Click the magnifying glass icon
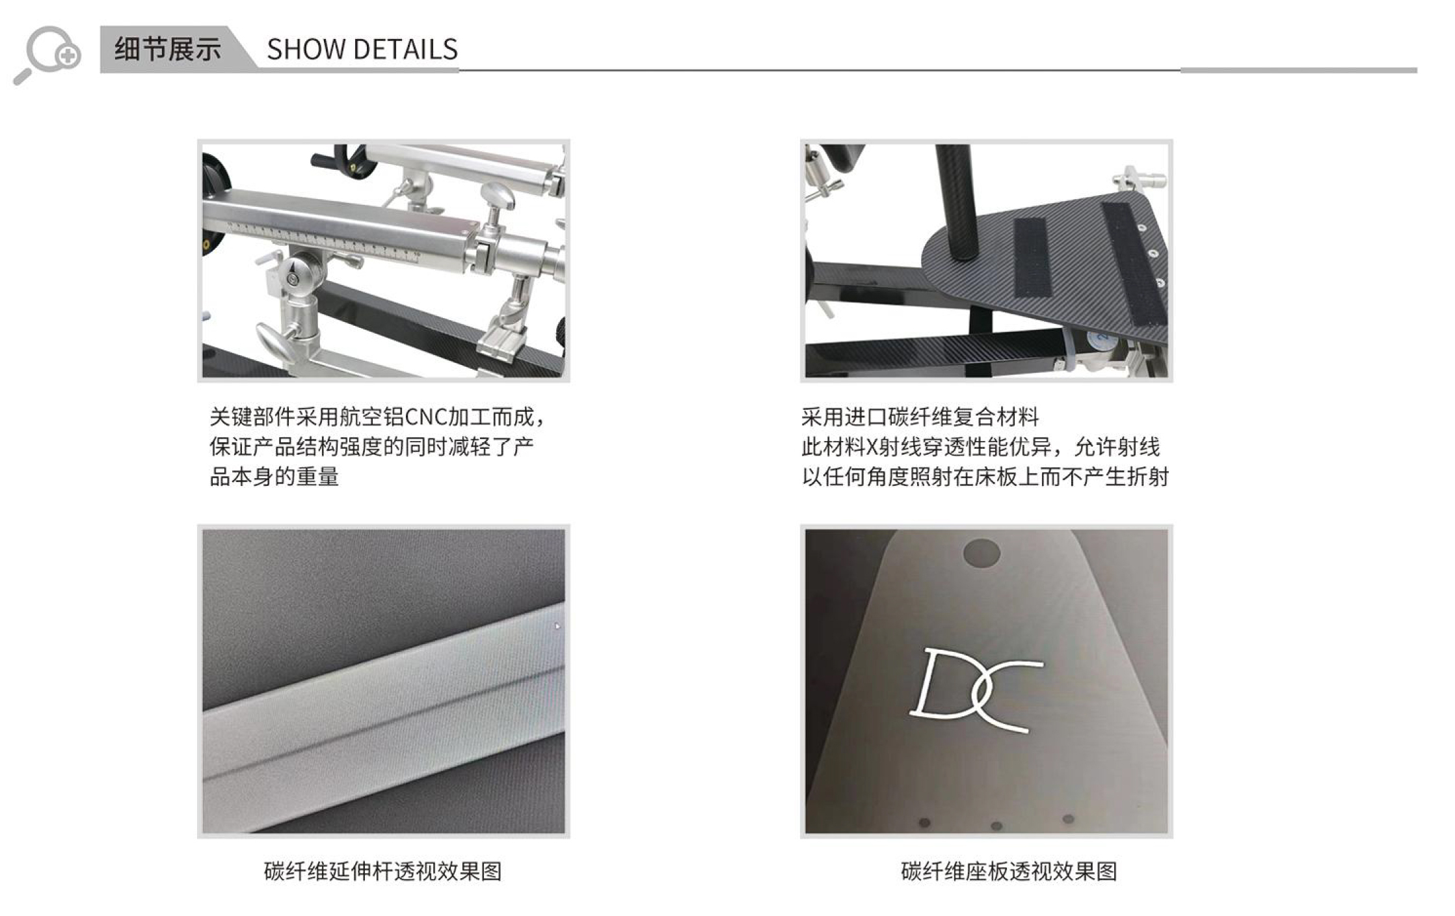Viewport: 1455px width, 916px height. (46, 54)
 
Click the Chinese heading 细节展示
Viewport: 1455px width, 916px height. (167, 49)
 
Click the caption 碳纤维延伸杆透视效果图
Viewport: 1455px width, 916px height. (382, 871)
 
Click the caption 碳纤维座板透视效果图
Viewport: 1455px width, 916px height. (1009, 871)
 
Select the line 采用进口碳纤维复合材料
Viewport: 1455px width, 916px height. (920, 417)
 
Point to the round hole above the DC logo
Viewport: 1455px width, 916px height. (981, 553)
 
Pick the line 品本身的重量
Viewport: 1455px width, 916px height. (274, 477)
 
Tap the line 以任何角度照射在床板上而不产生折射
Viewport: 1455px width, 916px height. (985, 477)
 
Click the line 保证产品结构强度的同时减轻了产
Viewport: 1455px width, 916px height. (371, 447)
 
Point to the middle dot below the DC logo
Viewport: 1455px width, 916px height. (996, 826)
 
